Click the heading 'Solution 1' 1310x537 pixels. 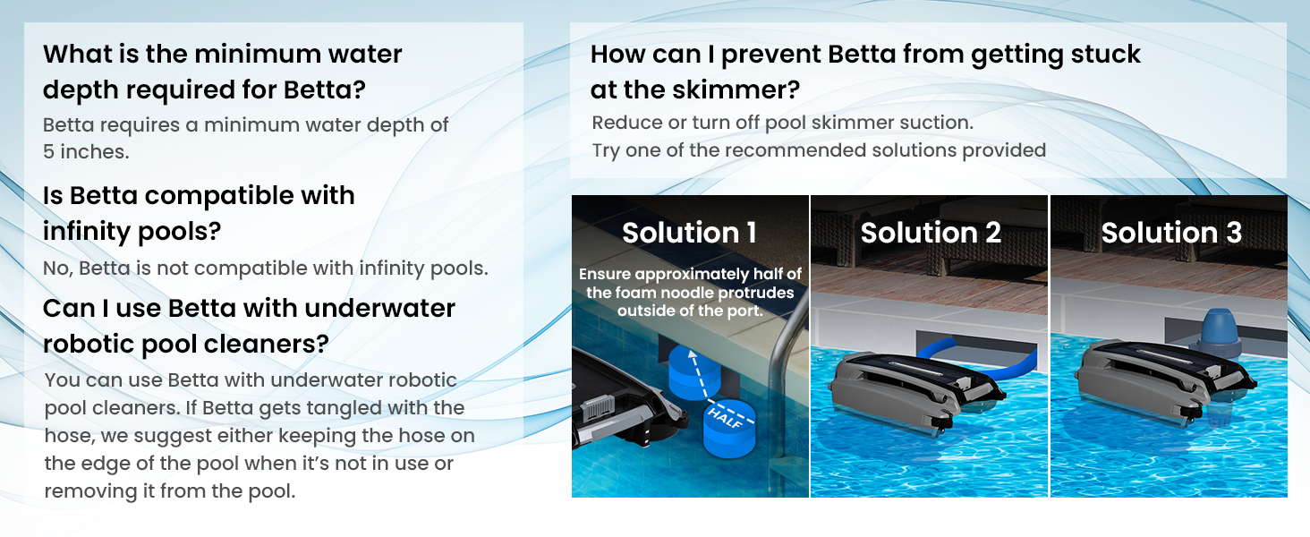[689, 233]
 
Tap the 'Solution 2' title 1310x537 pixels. [931, 233]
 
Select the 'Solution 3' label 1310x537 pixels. [1171, 233]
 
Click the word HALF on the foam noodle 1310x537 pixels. [726, 418]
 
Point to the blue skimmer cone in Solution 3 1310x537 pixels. [1218, 331]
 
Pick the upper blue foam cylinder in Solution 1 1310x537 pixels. [694, 372]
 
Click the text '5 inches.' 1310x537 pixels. [86, 151]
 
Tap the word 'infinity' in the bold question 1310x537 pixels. [85, 231]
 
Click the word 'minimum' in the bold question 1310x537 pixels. [257, 54]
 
